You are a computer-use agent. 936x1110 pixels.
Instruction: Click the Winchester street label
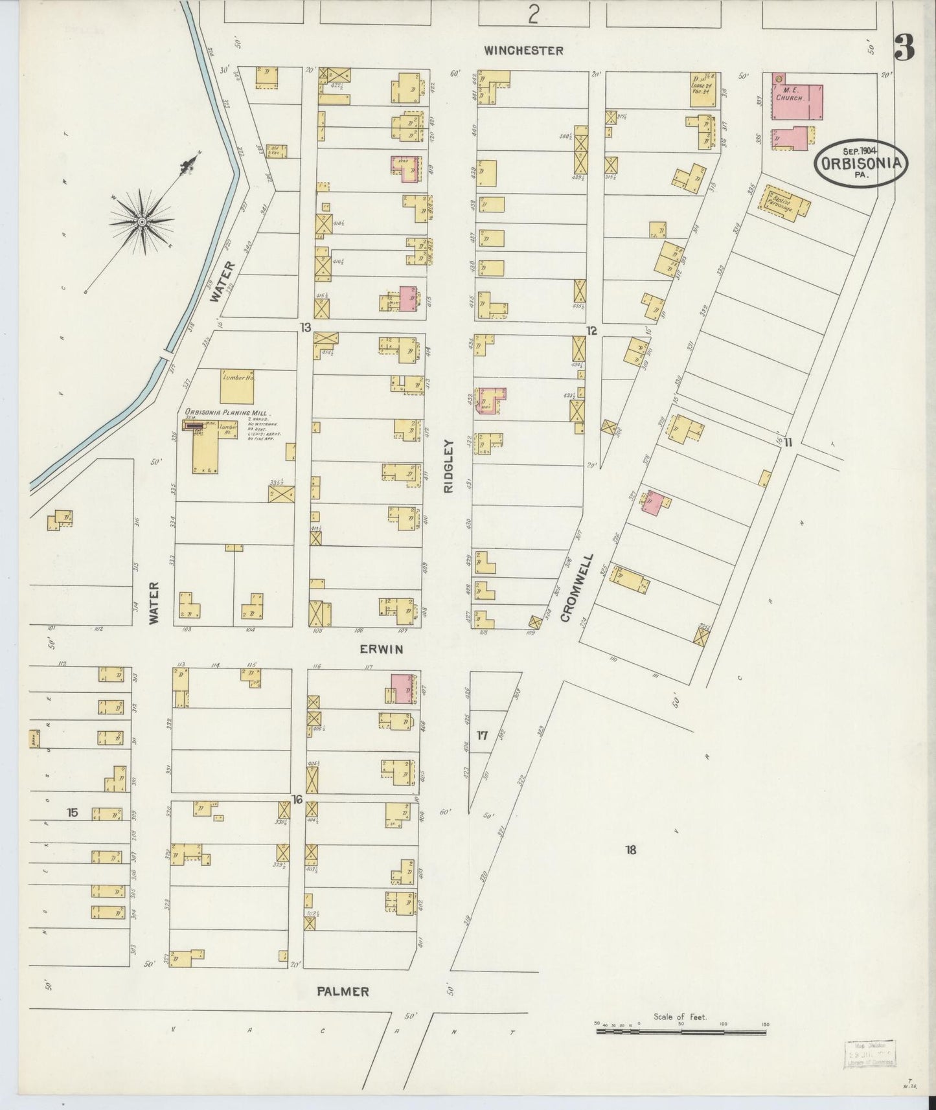(523, 51)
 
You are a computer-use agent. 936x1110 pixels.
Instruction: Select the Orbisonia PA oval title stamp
(861, 163)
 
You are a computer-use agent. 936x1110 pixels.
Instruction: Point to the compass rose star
(142, 221)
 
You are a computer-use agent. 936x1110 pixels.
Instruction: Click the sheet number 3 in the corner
(904, 47)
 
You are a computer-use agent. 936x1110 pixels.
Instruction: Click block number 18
(631, 850)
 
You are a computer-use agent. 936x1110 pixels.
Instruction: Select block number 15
(73, 812)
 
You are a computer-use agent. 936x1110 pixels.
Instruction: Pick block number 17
(482, 735)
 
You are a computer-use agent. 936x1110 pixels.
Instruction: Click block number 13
(306, 327)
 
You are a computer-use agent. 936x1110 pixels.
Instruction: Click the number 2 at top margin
(532, 13)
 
